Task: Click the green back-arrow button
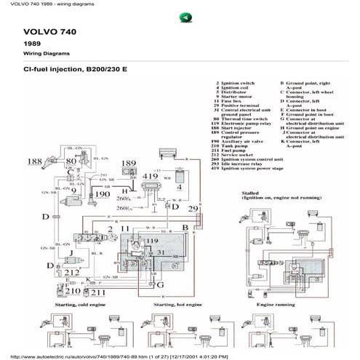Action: coord(185,17)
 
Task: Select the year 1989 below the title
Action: coord(32,44)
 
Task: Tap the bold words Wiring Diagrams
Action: coord(44,54)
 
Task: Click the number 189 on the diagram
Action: coord(128,163)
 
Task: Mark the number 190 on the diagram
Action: coord(103,195)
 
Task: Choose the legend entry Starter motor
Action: coord(235,99)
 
